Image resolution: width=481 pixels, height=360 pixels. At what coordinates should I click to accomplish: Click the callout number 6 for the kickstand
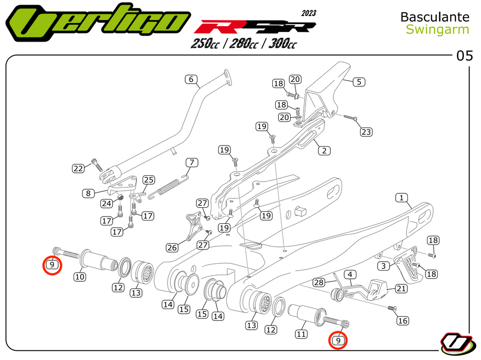click(191, 80)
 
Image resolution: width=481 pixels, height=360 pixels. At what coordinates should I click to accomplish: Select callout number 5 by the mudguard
click(358, 82)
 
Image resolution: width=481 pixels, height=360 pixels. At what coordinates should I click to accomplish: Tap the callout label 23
click(366, 132)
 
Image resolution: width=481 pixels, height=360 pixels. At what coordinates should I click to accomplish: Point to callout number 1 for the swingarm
click(401, 197)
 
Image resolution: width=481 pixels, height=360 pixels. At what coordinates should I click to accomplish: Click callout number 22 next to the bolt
click(78, 168)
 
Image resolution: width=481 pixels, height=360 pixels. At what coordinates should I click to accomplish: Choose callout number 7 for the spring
click(191, 163)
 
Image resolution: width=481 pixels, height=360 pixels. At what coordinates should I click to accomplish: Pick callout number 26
click(172, 248)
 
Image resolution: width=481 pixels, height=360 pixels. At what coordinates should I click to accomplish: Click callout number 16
click(403, 321)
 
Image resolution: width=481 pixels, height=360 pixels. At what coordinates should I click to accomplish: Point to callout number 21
click(401, 289)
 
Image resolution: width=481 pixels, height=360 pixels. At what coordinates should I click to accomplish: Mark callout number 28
click(319, 282)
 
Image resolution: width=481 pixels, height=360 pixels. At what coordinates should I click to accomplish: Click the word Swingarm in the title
click(437, 29)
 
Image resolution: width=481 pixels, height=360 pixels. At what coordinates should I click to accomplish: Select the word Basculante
click(435, 17)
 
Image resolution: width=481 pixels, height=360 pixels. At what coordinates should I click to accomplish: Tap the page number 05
click(464, 56)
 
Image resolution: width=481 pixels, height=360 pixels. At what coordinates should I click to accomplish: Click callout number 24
click(106, 203)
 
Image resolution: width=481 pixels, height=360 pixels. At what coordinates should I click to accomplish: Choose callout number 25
click(148, 179)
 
